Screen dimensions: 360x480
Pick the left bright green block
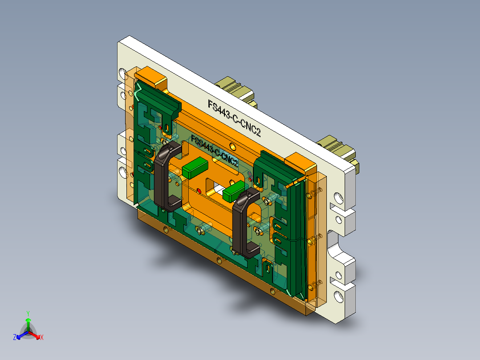tap(195, 168)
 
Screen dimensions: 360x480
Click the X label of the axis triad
tap(41, 338)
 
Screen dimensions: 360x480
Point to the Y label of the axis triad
tap(28, 313)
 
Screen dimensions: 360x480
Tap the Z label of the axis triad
tap(15, 338)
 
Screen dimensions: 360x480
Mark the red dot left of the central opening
tap(199, 191)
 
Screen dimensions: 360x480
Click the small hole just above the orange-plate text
tap(232, 146)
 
